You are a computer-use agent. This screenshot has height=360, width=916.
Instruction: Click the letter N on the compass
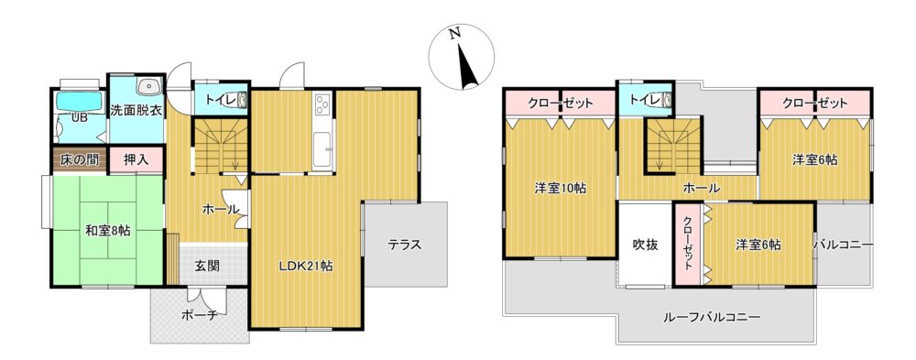click(x=455, y=33)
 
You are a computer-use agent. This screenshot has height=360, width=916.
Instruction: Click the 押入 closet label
click(x=135, y=160)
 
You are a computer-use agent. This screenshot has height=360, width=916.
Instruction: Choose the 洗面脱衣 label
click(x=137, y=109)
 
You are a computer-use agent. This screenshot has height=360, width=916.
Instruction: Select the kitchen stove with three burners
click(x=322, y=105)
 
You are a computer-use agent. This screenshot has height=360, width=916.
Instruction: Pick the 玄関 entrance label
click(x=207, y=266)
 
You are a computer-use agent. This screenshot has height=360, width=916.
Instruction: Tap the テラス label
click(x=406, y=245)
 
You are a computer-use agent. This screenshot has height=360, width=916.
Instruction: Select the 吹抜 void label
click(x=646, y=245)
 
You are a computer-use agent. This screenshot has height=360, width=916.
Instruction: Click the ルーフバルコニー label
click(x=712, y=318)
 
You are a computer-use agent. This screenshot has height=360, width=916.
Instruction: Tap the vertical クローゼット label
click(x=688, y=243)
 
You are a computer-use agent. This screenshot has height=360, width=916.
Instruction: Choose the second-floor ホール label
click(x=702, y=188)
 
